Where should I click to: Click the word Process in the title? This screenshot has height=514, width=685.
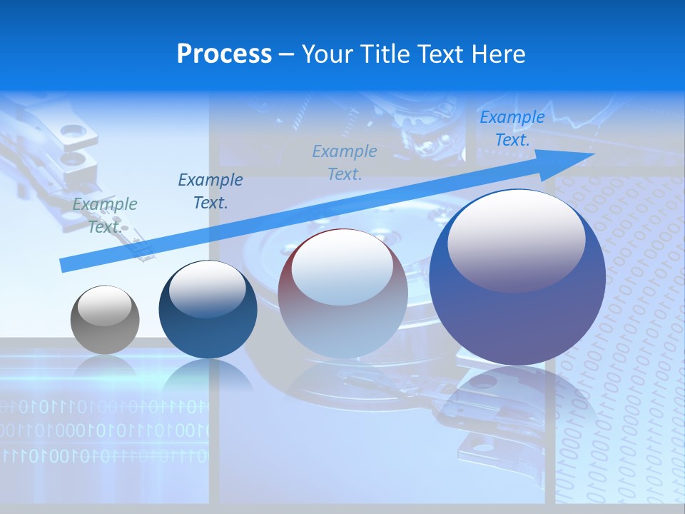click(224, 54)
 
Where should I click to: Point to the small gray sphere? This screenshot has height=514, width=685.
click(105, 320)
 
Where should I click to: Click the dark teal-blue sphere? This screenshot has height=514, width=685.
click(208, 310)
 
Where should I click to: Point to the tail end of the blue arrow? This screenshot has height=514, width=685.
click(66, 265)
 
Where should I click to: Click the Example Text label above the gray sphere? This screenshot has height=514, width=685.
click(105, 215)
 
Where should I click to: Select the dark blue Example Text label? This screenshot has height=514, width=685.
click(210, 191)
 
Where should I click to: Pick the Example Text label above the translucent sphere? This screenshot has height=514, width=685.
click(345, 162)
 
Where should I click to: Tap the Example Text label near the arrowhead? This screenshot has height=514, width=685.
click(512, 128)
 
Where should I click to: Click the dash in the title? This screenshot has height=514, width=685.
click(287, 55)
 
